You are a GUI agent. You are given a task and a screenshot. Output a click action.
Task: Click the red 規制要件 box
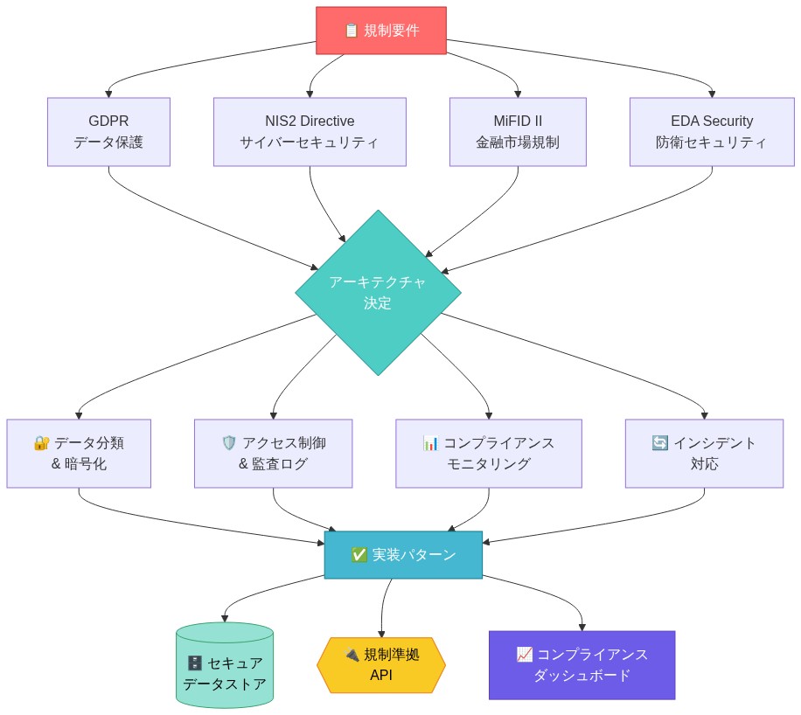(381, 31)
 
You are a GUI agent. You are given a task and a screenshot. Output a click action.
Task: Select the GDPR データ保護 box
(108, 132)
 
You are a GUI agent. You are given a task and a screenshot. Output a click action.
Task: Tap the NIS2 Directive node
(310, 132)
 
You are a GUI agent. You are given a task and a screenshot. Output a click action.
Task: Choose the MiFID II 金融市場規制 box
(518, 132)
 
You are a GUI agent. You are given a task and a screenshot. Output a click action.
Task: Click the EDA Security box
(712, 132)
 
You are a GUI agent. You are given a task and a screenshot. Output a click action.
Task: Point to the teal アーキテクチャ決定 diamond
(378, 293)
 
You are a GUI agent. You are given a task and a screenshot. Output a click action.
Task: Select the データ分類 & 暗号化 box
(79, 454)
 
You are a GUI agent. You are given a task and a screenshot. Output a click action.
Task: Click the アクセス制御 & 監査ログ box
(273, 454)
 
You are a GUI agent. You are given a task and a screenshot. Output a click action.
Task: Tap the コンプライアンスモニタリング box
(488, 454)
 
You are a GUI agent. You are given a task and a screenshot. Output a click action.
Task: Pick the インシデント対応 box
(704, 454)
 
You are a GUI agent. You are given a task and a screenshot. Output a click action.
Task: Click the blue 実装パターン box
(403, 555)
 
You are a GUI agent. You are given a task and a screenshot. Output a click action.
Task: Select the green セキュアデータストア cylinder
(225, 666)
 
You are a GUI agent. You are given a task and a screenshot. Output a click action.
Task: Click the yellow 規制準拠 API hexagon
(381, 665)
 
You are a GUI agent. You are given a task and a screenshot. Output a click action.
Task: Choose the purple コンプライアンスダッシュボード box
(582, 665)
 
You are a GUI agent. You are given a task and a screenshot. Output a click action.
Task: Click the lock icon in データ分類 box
(41, 443)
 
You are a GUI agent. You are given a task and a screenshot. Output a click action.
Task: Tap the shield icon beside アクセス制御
(230, 443)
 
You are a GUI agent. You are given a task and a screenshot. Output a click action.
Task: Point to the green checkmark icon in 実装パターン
(359, 555)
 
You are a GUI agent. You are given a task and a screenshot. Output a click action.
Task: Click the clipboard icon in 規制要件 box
(352, 31)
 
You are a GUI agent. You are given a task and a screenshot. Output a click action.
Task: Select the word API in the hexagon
(381, 676)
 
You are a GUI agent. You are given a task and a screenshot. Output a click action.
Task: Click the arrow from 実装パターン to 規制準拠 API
(385, 607)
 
